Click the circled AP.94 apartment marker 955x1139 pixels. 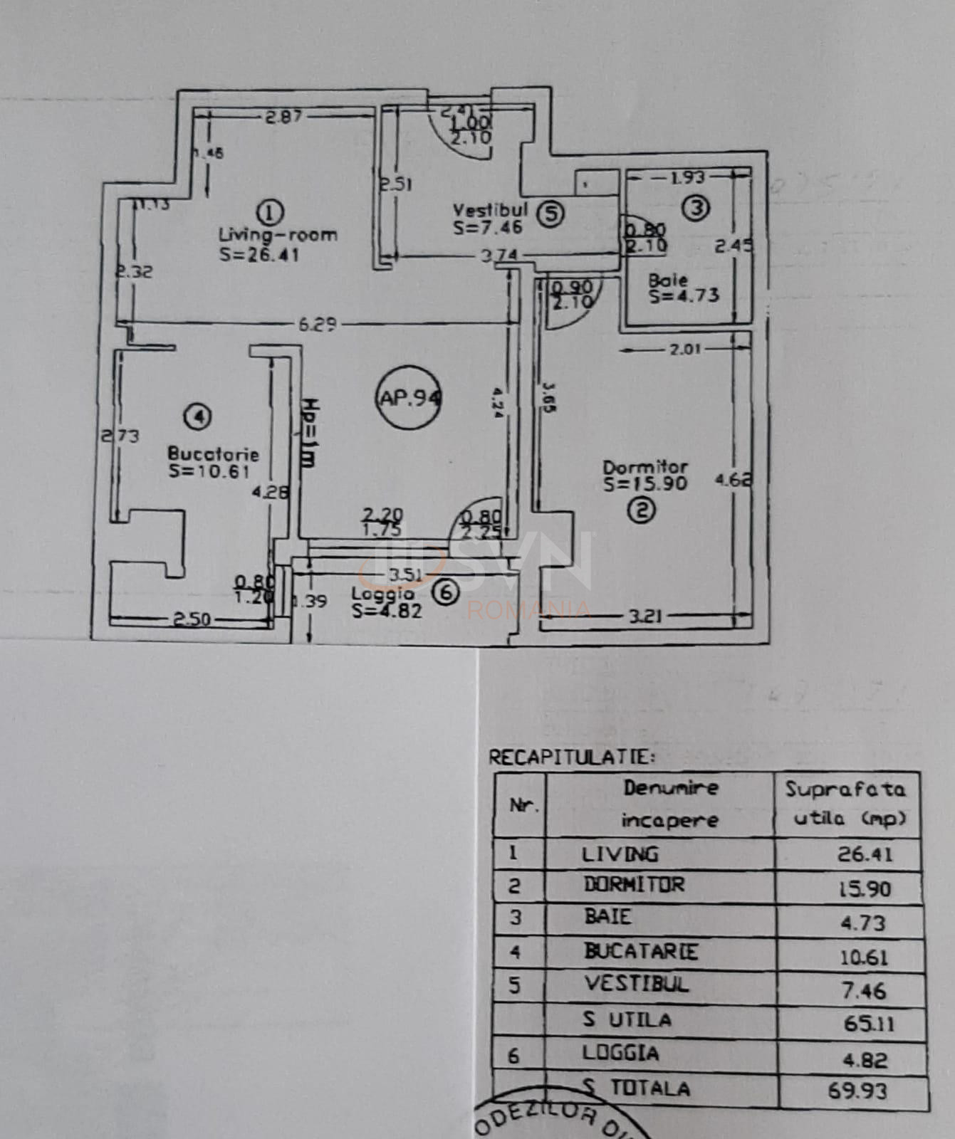[409, 397]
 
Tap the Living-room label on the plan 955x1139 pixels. [278, 234]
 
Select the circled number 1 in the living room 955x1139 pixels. [269, 211]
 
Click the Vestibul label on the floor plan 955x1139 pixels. [490, 210]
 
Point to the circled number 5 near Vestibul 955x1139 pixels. [550, 213]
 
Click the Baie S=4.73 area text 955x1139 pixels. [682, 288]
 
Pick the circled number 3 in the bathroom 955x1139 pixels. [695, 208]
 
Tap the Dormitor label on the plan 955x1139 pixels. [645, 467]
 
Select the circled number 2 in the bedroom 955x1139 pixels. [642, 510]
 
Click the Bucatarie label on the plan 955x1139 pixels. [213, 453]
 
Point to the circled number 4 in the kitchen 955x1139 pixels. [197, 416]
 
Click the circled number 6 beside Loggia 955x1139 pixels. [447, 592]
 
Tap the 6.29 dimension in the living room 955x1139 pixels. [317, 325]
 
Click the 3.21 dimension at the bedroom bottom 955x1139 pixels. [645, 616]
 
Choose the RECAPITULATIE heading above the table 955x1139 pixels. [571, 757]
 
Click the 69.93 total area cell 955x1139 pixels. [857, 1090]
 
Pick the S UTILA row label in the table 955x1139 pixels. [627, 1020]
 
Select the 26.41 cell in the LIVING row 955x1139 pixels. [864, 854]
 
